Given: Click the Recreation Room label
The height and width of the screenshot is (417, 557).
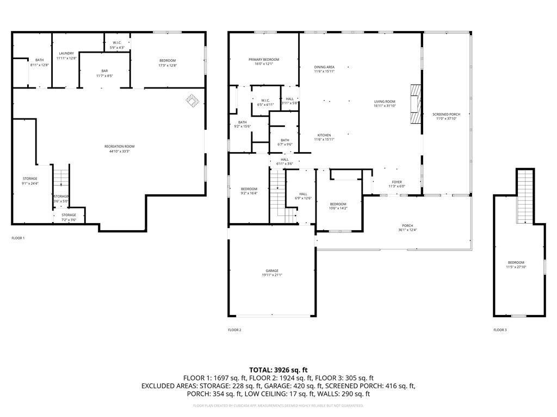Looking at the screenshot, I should pos(119,149).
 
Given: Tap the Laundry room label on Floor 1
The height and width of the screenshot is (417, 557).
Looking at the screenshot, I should pos(67,55).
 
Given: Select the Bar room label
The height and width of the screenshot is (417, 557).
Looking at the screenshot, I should pos(104,73).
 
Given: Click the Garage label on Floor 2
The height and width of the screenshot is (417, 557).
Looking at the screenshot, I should pos(272,273).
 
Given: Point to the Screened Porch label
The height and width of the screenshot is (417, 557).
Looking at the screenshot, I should pos(446,116).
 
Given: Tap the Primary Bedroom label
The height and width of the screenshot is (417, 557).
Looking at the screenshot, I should pos(264,61).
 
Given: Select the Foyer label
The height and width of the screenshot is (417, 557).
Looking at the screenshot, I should pos(397,184).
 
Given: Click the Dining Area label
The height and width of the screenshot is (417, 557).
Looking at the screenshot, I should pos(324,69).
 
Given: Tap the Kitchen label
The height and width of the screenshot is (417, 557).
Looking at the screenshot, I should pos(324,137).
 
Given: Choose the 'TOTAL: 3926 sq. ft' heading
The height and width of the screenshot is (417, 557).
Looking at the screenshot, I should pos(278,370).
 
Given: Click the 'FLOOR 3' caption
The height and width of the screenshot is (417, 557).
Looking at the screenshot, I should pos(500,330).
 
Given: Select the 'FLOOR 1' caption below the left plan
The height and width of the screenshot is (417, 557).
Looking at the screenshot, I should pos(18,238).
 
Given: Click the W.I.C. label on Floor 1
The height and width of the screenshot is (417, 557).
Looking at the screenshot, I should pos(117,45).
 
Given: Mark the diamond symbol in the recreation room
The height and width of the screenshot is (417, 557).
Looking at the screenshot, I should pos(193,99).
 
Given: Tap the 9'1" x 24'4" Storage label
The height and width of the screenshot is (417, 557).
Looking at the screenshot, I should pos(30,181).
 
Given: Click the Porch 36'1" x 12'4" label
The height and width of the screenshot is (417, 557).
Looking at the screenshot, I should pos(407,228).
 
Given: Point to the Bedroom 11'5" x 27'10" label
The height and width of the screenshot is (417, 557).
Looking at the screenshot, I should pos(516,264).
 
